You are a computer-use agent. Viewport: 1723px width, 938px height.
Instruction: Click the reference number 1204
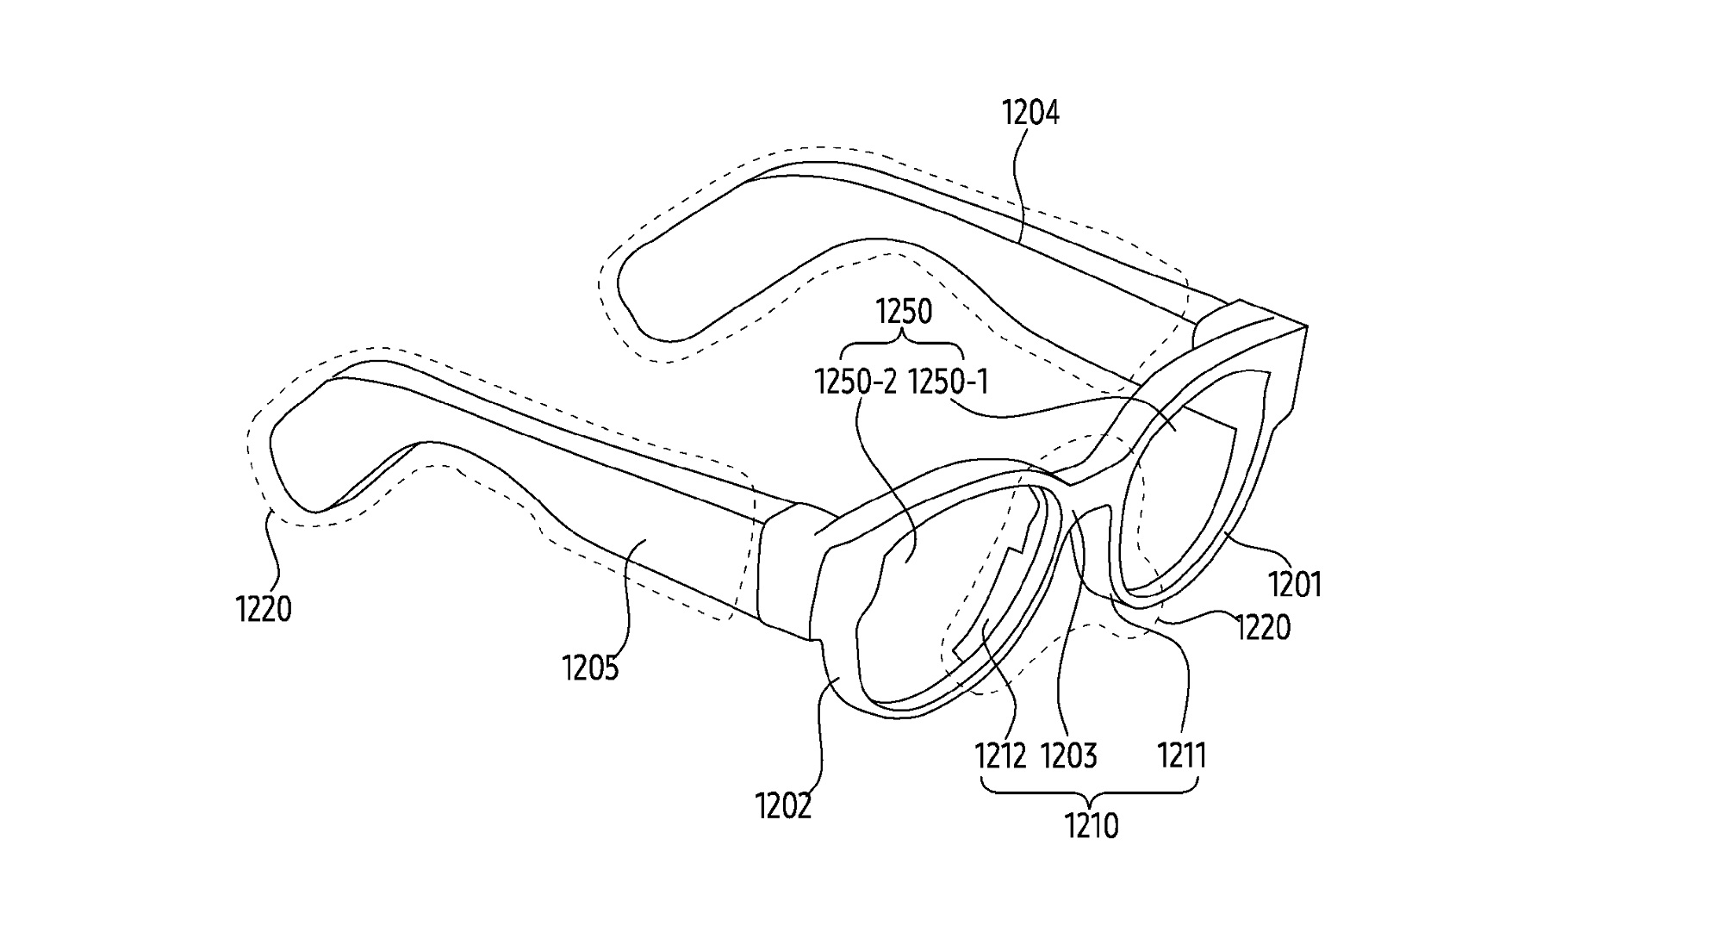(1030, 113)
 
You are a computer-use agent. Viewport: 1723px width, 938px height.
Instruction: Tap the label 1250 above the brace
(904, 312)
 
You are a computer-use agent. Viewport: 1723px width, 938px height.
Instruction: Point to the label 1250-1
(948, 382)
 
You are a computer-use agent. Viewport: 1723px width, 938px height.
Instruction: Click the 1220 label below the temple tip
(264, 610)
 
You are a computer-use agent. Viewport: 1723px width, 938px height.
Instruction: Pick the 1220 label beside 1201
(1263, 628)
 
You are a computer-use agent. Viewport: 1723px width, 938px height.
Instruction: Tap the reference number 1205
(590, 668)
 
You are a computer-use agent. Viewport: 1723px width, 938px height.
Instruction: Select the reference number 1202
(783, 806)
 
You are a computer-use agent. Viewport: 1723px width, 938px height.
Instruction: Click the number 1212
(1000, 756)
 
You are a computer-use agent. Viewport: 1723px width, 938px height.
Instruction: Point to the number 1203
(1069, 756)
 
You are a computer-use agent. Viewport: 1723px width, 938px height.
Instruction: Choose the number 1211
(1181, 756)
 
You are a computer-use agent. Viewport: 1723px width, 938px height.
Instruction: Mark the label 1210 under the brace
(1092, 827)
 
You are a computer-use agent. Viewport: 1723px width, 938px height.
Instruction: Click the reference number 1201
(1295, 586)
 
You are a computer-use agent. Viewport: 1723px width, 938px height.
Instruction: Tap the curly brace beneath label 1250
(902, 348)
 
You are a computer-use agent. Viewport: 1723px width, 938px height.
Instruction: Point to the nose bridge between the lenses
(1077, 495)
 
